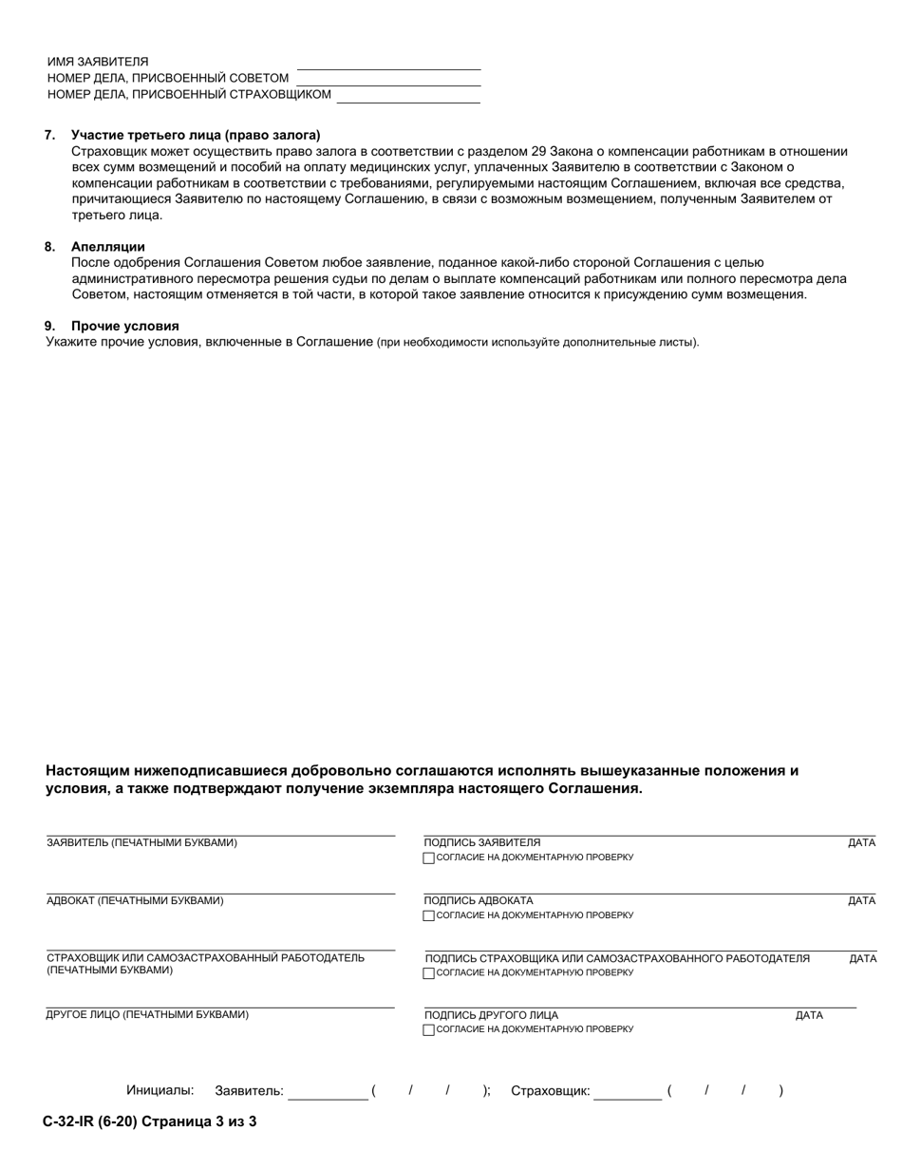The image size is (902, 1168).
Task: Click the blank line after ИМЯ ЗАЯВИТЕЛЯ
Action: (388, 63)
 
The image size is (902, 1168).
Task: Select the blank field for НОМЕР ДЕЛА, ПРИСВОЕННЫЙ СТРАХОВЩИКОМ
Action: (408, 95)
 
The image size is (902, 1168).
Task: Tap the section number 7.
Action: (49, 135)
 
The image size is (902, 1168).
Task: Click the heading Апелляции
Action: (107, 247)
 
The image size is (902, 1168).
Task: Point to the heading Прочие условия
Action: (124, 326)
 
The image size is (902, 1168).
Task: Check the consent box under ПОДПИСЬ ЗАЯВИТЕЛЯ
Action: (429, 858)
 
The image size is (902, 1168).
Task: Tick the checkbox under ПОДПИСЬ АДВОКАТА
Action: (429, 916)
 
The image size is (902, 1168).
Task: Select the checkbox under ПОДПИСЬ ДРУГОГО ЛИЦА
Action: (429, 1030)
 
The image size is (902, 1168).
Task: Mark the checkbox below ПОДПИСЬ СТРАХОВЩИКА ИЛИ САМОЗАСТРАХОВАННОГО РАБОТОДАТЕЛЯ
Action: (429, 973)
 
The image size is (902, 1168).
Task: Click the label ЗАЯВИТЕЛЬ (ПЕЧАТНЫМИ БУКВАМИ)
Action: (142, 843)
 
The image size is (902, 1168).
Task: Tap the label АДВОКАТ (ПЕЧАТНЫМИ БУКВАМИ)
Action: (136, 901)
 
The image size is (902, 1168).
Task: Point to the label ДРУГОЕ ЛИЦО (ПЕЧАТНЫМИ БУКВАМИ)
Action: (148, 1015)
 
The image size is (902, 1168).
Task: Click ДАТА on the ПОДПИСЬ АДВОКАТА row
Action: (861, 901)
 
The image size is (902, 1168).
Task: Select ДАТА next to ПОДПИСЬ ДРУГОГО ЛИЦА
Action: (809, 1016)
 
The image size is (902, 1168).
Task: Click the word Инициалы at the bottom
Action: (160, 1091)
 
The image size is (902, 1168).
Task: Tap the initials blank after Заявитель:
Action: (328, 1093)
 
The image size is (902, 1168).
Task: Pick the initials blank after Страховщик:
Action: (628, 1093)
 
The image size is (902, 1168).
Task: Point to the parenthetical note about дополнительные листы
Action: (537, 342)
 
